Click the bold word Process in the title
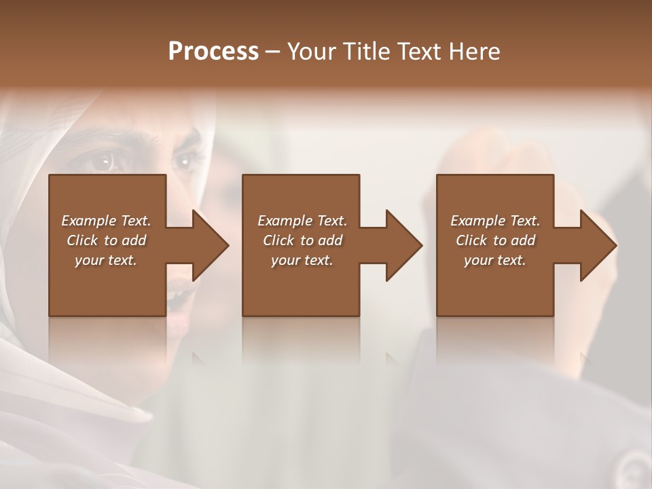tap(213, 52)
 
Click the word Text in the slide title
tap(420, 52)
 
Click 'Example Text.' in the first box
tap(106, 221)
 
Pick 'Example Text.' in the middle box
tap(302, 221)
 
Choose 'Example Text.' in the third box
tap(495, 221)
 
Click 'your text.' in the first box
tap(106, 260)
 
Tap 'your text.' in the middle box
tap(302, 260)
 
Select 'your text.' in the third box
tap(495, 260)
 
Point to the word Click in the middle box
tap(279, 240)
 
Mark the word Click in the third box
tap(472, 240)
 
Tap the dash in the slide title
tap(273, 52)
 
